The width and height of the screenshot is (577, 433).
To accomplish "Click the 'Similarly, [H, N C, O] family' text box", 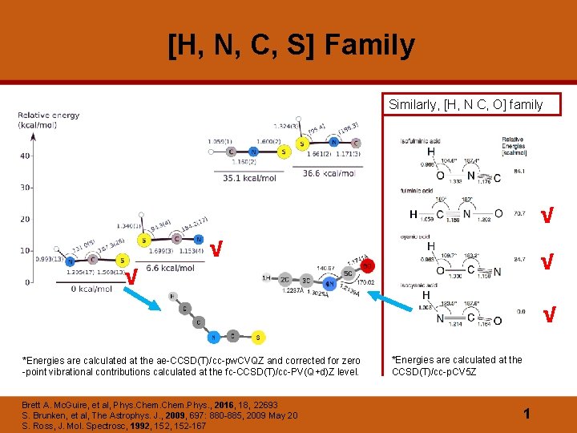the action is pos(466,104).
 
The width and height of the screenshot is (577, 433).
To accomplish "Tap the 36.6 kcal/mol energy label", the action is pos(329,173).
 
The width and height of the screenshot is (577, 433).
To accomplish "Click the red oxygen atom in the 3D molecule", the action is pos(366,265).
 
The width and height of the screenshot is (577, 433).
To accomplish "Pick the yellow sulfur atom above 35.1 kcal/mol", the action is pos(282,152).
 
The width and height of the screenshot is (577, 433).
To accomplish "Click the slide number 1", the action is pos(527,413).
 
